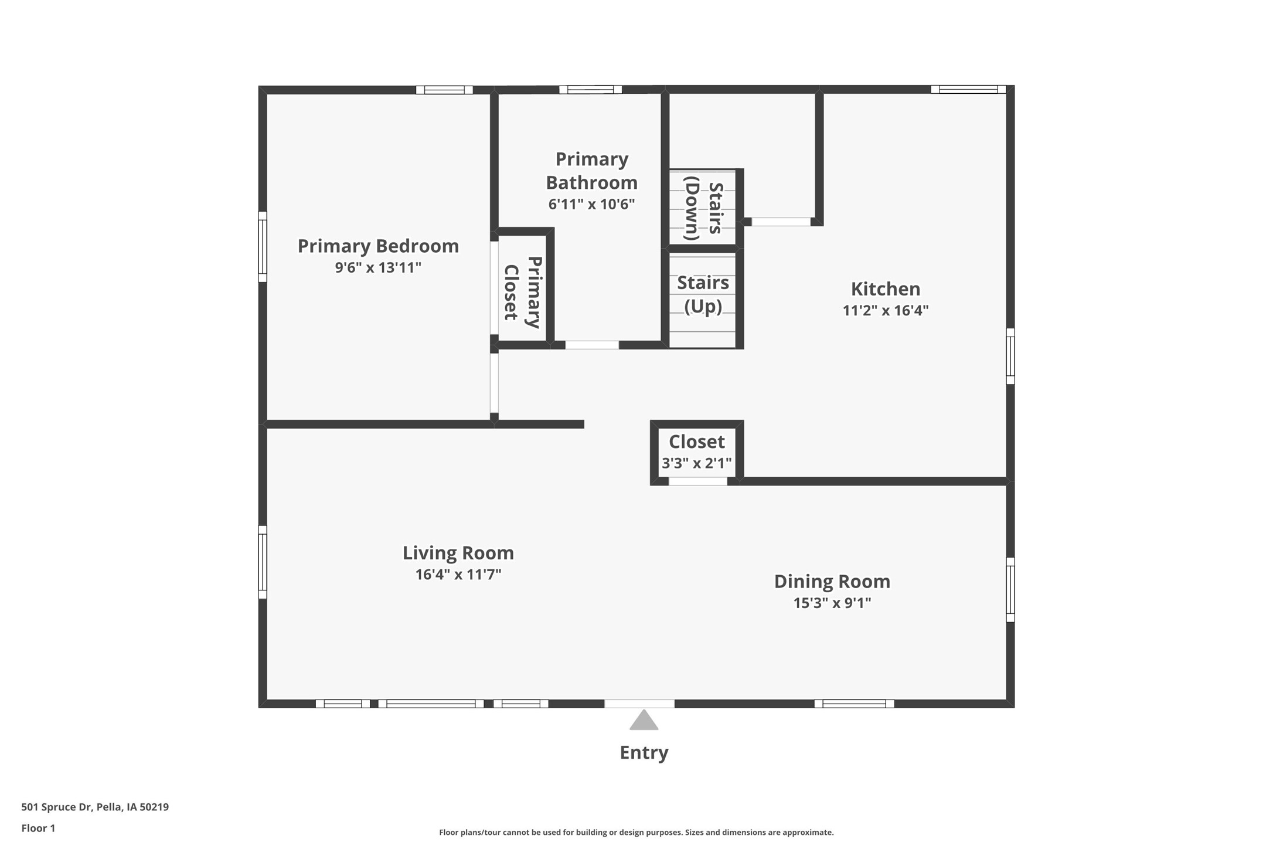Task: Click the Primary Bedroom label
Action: click(x=378, y=246)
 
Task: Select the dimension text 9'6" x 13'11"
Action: click(x=378, y=268)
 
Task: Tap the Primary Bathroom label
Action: click(x=591, y=171)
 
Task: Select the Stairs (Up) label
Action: click(x=703, y=294)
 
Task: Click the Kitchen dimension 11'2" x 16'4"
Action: click(x=885, y=311)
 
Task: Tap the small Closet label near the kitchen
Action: click(x=696, y=442)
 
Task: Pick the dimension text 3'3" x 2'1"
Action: click(x=696, y=463)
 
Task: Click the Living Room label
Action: click(x=458, y=553)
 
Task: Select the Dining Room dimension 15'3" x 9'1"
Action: click(x=832, y=603)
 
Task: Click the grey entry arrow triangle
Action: click(x=644, y=721)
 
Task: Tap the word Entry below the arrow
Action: click(x=644, y=752)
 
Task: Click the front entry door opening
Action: click(x=639, y=704)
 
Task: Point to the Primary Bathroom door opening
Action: click(x=591, y=345)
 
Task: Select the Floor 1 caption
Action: click(x=38, y=828)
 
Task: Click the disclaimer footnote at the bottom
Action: click(x=636, y=832)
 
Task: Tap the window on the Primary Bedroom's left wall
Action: click(x=263, y=247)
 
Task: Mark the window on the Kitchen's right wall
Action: click(x=1010, y=356)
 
